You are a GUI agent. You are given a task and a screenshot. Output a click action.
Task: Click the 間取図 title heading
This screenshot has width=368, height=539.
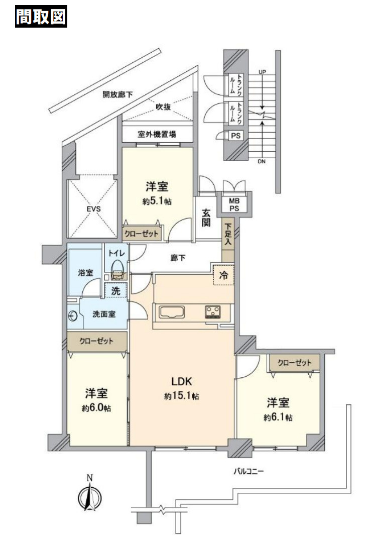click(x=42, y=17)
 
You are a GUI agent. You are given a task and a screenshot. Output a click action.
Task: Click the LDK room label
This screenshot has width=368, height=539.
click(x=182, y=381)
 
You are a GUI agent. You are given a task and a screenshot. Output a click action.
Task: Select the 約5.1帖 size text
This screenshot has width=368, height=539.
click(x=157, y=200)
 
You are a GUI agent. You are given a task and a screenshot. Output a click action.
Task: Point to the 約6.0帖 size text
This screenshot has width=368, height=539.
click(x=96, y=408)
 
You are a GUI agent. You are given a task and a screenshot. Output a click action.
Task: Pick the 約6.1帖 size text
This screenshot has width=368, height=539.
click(x=279, y=417)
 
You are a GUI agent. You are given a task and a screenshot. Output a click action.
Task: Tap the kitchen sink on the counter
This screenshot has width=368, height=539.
click(x=173, y=312)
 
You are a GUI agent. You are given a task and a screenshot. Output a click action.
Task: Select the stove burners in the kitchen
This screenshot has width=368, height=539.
click(x=213, y=312)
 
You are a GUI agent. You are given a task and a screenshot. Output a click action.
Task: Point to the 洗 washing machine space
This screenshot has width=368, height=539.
click(x=115, y=290)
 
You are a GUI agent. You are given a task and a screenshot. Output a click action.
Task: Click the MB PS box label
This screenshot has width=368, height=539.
click(x=234, y=203)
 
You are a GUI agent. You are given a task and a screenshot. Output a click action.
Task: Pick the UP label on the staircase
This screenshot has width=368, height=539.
click(x=261, y=72)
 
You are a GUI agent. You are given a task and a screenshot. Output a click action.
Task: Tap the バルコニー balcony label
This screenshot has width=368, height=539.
click(x=248, y=471)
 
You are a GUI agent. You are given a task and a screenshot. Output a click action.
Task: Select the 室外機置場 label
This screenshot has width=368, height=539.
click(x=157, y=134)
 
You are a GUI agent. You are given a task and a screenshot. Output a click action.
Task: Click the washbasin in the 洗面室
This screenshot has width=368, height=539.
click(x=73, y=316)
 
